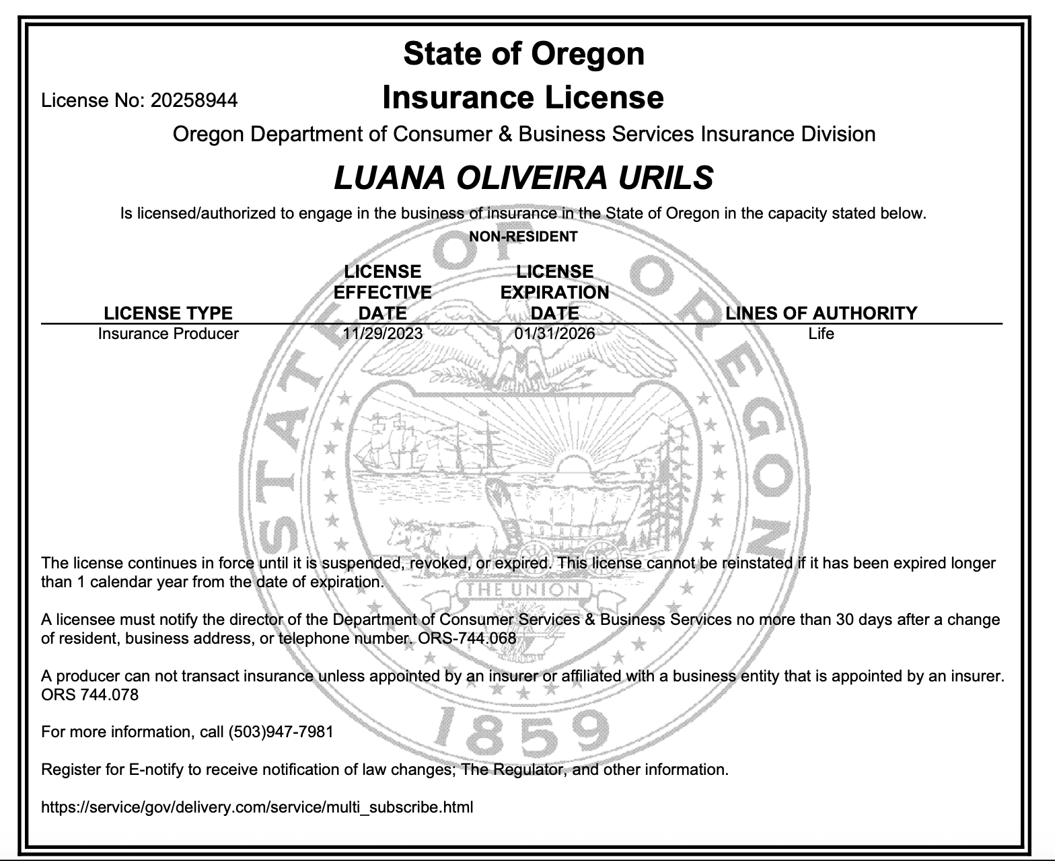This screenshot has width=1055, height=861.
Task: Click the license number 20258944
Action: pyautogui.click(x=194, y=101)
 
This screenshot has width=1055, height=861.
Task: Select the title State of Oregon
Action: pyautogui.click(x=523, y=54)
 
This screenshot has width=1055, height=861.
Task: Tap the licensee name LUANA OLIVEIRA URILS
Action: pyautogui.click(x=523, y=178)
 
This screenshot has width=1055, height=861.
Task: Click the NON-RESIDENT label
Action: pyautogui.click(x=523, y=236)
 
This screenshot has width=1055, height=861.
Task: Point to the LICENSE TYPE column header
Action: pyautogui.click(x=168, y=313)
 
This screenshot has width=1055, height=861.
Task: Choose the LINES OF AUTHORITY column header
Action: pyautogui.click(x=821, y=313)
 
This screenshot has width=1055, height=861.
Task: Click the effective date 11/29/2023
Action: pyautogui.click(x=382, y=334)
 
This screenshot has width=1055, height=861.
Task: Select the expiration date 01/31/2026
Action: pyautogui.click(x=554, y=334)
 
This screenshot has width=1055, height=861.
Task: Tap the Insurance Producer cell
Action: pyautogui.click(x=168, y=334)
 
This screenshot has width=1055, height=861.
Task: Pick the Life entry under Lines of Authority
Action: pyautogui.click(x=821, y=334)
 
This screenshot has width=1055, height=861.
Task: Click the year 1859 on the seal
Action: pyautogui.click(x=518, y=730)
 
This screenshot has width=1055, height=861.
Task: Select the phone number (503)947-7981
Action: pyautogui.click(x=281, y=732)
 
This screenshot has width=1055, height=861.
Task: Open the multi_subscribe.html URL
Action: pyautogui.click(x=257, y=807)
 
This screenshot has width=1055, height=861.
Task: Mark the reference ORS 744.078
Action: pyautogui.click(x=89, y=695)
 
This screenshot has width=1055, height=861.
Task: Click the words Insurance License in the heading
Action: pyautogui.click(x=523, y=98)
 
